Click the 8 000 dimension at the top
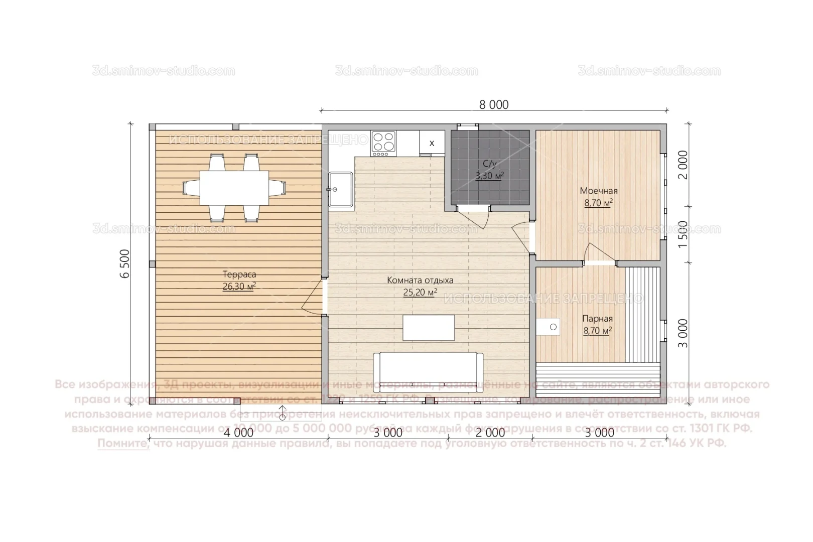(494, 104)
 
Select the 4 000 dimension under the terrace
(238, 432)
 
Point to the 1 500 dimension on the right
(683, 234)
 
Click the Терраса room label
(239, 275)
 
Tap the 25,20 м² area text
(420, 292)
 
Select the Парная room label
(597, 319)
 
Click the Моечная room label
(599, 191)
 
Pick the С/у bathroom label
(489, 164)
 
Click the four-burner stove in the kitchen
(383, 142)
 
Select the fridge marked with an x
(432, 143)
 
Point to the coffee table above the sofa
(428, 328)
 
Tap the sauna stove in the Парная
(550, 327)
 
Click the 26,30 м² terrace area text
(239, 287)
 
